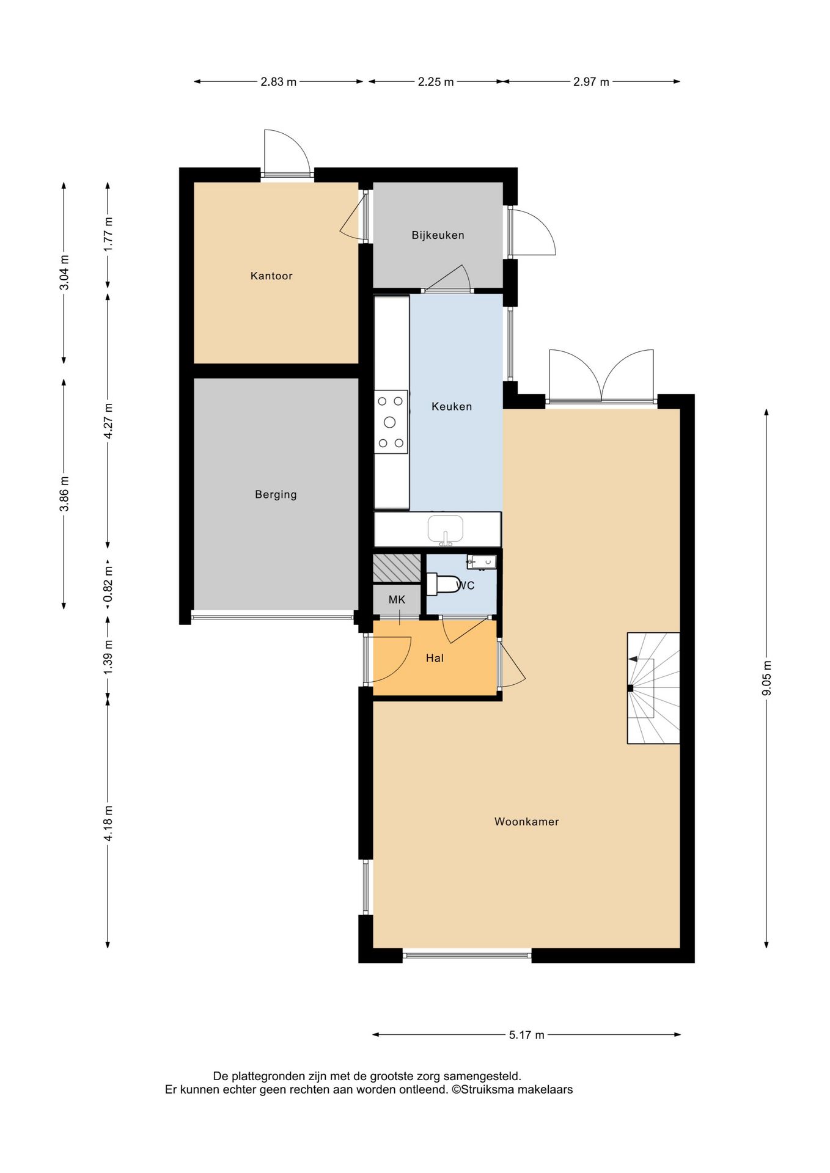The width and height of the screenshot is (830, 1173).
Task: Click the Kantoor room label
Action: (271, 276)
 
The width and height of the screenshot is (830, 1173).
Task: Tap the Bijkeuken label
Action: (438, 235)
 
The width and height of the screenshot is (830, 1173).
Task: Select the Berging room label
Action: (276, 495)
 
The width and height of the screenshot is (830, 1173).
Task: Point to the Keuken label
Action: (452, 406)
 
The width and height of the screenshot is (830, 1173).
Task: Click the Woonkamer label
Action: (527, 822)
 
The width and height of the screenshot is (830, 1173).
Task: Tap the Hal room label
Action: (435, 658)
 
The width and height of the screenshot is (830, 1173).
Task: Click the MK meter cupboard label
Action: (397, 600)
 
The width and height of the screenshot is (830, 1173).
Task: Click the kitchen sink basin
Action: (446, 529)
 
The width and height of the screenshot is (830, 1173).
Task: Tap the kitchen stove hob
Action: (391, 422)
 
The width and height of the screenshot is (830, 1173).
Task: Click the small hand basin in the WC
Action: (482, 562)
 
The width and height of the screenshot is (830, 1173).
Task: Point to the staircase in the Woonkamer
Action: (653, 688)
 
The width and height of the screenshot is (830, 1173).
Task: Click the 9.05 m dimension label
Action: (767, 678)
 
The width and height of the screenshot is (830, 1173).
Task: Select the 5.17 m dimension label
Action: (527, 1035)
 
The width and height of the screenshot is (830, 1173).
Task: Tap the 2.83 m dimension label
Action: (279, 82)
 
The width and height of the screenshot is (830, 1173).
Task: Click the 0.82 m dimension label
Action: (108, 584)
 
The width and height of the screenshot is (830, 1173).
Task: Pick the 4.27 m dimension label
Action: (108, 420)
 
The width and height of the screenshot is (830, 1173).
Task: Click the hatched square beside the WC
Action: (397, 568)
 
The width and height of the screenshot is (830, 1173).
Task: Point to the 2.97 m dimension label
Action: (591, 82)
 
